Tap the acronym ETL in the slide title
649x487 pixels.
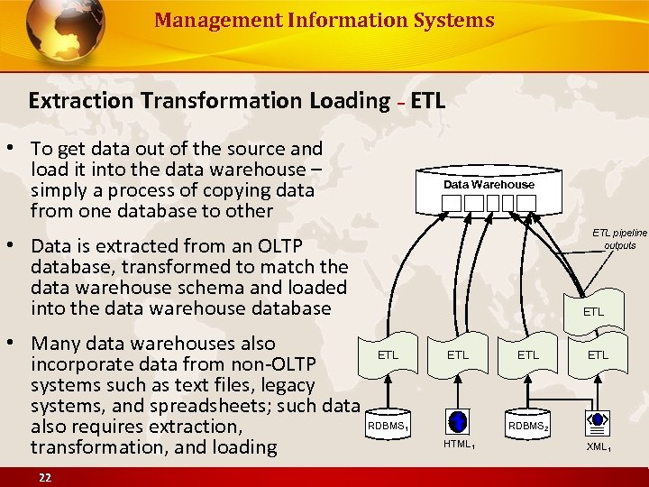(427, 100)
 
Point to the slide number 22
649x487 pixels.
(43, 477)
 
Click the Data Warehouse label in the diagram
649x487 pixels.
(489, 184)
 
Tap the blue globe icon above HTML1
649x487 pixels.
(458, 421)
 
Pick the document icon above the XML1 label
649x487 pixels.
(596, 419)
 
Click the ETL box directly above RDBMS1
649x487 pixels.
(388, 355)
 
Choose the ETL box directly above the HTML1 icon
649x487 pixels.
(458, 355)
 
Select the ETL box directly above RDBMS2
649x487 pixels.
(528, 355)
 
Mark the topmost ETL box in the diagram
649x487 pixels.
(593, 312)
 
